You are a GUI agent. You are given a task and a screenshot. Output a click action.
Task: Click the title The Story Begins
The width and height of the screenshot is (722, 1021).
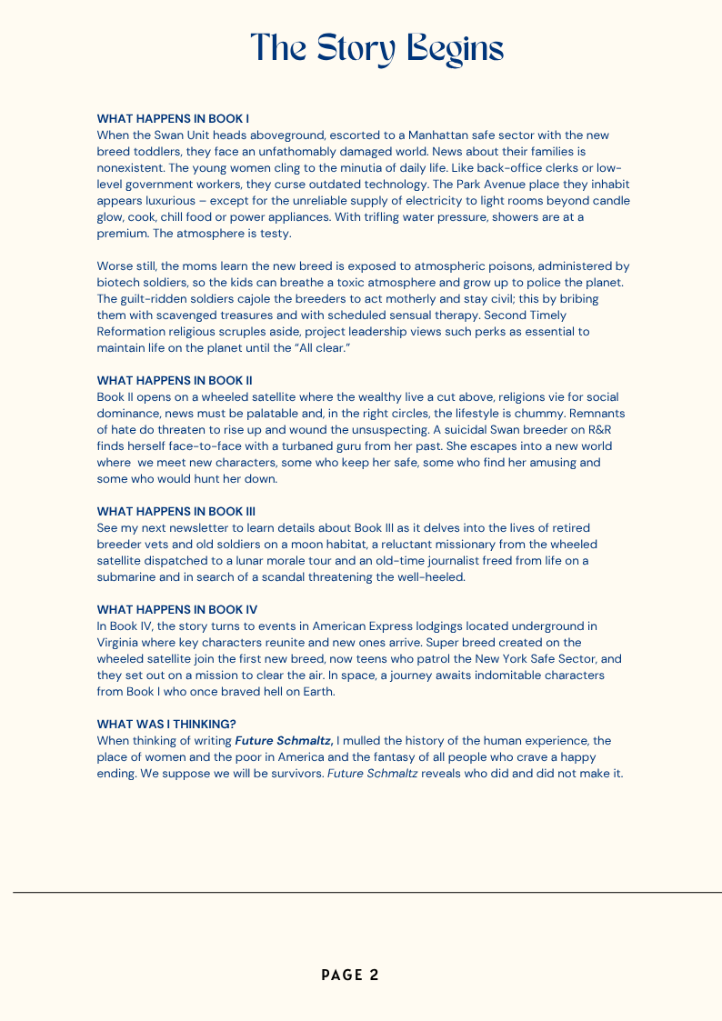click(x=376, y=48)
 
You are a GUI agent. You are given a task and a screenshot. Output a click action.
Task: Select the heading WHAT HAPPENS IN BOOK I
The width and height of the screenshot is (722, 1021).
click(x=173, y=118)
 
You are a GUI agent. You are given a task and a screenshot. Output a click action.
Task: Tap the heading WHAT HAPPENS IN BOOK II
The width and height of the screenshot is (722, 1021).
click(x=175, y=380)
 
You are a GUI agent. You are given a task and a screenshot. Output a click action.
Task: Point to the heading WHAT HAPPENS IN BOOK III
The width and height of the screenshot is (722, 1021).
click(x=176, y=511)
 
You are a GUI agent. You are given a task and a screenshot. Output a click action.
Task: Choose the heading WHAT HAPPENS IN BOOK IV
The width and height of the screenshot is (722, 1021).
click(x=177, y=609)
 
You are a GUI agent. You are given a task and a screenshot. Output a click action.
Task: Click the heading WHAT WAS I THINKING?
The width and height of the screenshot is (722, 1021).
click(x=166, y=724)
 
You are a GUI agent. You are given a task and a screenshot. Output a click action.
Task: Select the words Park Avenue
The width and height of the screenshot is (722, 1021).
click(x=505, y=184)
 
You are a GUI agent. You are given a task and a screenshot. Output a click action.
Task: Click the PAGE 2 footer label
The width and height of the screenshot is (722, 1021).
click(x=350, y=976)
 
